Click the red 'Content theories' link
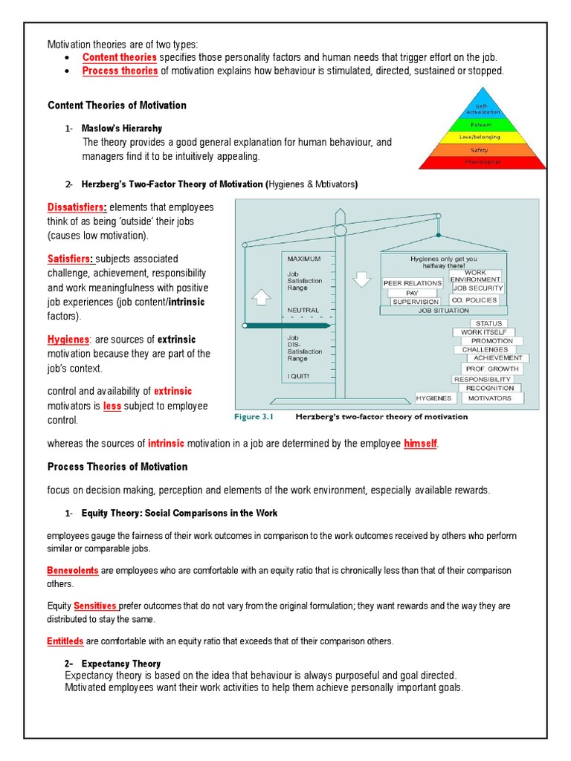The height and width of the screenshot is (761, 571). (119, 57)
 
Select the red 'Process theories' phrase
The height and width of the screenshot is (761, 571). (120, 71)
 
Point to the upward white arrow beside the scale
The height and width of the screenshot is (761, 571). (261, 297)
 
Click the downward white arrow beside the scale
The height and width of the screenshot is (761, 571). (362, 279)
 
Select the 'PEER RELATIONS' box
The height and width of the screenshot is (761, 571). (412, 283)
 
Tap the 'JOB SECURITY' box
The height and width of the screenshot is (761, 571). (478, 288)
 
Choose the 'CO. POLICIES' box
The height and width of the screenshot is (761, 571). (477, 300)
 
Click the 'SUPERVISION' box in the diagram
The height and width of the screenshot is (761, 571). (415, 302)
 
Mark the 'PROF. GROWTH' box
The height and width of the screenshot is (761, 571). (492, 368)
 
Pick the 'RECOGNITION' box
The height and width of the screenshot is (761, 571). (490, 388)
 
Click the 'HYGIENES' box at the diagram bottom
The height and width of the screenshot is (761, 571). (434, 398)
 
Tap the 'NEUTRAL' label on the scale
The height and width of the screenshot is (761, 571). (303, 310)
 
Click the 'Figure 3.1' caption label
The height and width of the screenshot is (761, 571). (254, 417)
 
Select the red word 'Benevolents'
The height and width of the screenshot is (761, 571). (72, 571)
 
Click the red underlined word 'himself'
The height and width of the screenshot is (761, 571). (420, 444)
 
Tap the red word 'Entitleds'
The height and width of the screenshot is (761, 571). (65, 641)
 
